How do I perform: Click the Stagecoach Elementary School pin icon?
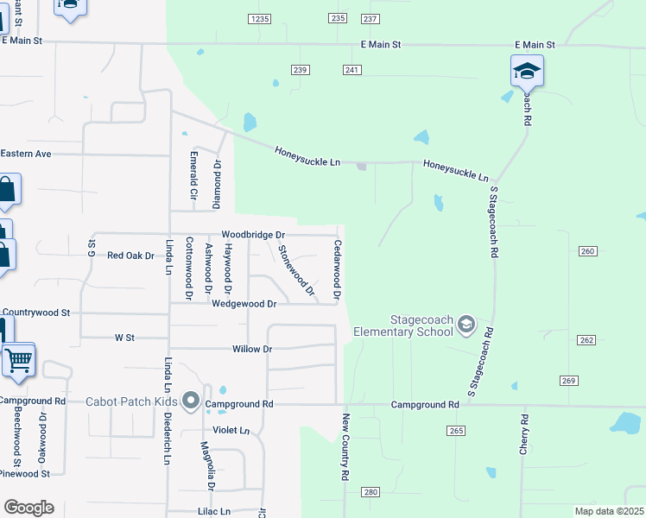tap(466, 325)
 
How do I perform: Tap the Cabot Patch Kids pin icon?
tap(191, 401)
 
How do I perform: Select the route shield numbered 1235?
tap(259, 18)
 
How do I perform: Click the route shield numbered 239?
tap(300, 70)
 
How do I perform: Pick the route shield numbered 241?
tap(351, 70)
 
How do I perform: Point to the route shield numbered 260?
tap(587, 251)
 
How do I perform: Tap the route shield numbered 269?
tap(567, 381)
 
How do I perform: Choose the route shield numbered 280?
tap(370, 492)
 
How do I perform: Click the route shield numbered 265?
tap(457, 430)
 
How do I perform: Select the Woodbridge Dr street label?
tap(253, 235)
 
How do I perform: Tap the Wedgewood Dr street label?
tap(244, 304)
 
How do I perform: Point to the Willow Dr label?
tap(252, 349)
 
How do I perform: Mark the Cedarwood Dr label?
tap(337, 269)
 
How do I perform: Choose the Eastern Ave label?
tap(26, 154)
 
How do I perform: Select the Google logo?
tap(28, 508)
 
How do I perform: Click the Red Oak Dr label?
tap(130, 256)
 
